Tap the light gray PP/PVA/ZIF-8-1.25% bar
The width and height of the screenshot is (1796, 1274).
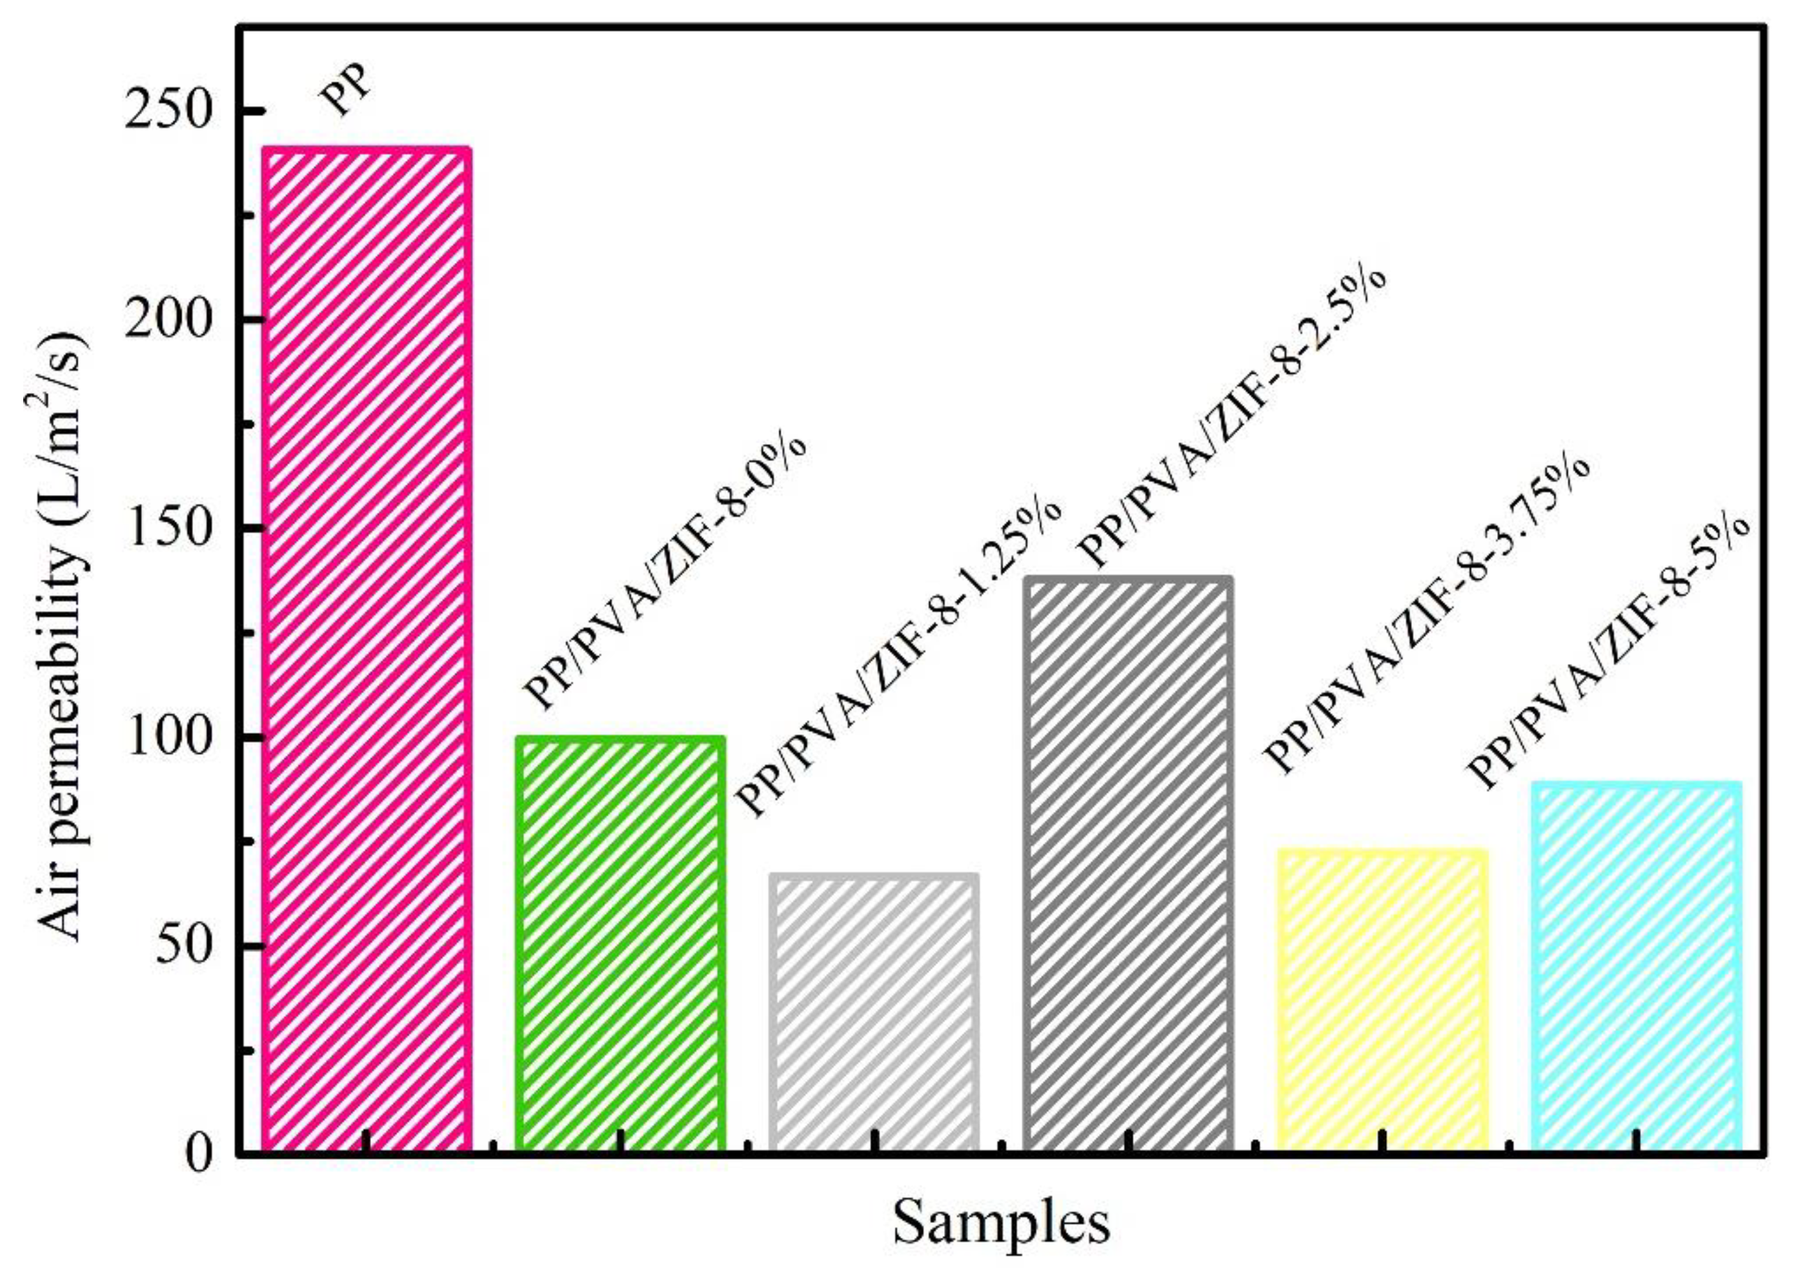coord(874,1012)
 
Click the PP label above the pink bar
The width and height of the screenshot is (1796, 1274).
coord(345,92)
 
